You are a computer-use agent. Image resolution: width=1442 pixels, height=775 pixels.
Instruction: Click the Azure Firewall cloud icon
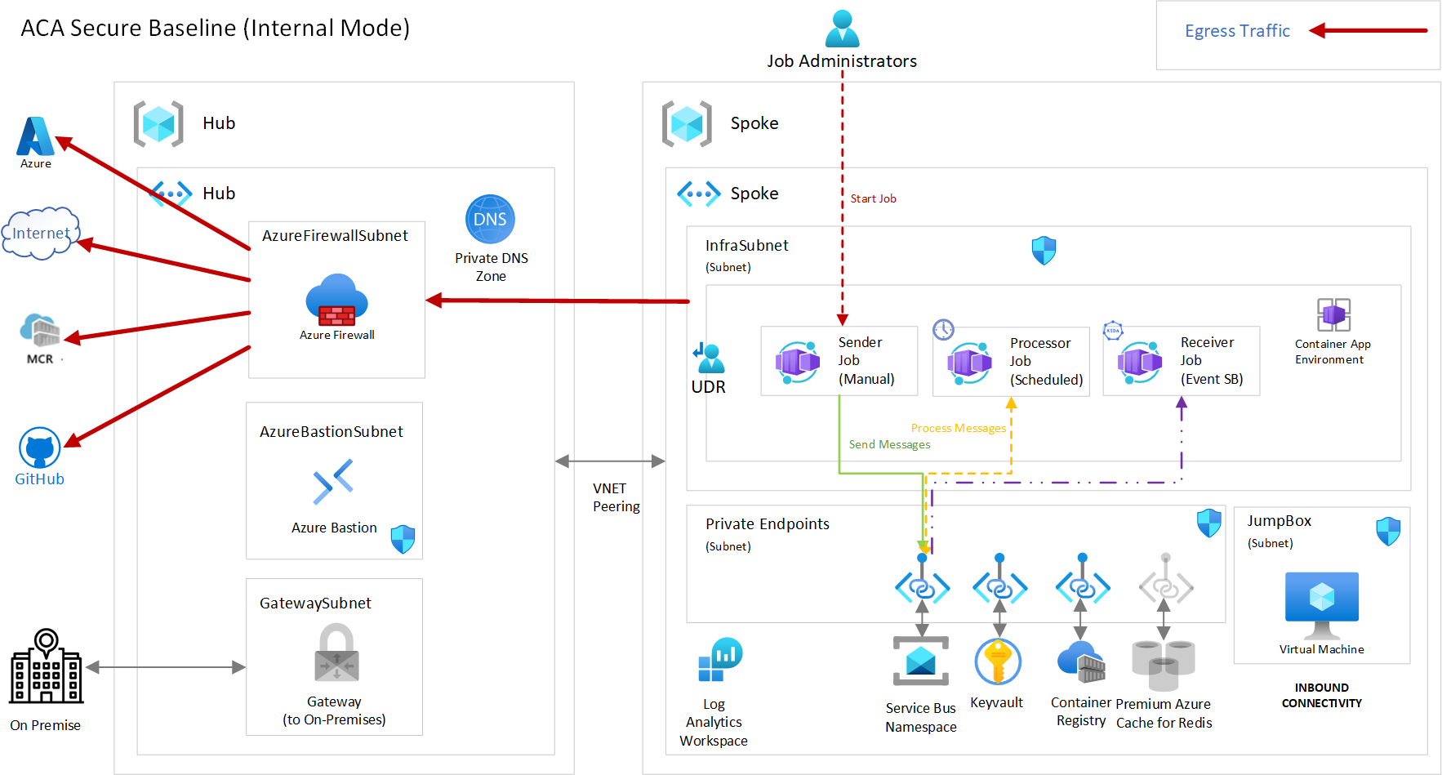click(336, 300)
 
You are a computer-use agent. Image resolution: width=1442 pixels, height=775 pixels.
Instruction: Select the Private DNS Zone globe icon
click(490, 219)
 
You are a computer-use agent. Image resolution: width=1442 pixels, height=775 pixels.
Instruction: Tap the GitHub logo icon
click(39, 448)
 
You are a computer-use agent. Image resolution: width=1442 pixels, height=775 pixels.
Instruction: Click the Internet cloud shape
click(40, 234)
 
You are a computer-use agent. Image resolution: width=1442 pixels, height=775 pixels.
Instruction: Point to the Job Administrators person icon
click(842, 28)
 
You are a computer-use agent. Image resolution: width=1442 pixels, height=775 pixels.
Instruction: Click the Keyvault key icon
click(997, 661)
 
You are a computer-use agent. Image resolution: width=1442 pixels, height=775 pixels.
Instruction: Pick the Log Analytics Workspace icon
click(720, 660)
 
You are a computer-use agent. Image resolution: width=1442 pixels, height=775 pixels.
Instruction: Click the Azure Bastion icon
click(333, 481)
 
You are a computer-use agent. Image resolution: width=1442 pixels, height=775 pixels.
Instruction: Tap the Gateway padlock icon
click(336, 653)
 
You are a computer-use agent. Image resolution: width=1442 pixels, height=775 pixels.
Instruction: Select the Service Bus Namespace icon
click(921, 661)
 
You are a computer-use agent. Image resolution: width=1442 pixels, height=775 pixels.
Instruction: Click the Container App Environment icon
click(1333, 314)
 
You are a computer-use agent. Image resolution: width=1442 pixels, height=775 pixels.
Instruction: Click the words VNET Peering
click(616, 497)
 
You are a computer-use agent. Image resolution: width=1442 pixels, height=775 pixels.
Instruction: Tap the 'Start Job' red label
click(873, 198)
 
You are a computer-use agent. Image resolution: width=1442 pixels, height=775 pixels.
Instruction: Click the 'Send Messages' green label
click(889, 444)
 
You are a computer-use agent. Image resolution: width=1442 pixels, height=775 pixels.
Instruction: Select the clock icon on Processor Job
click(943, 329)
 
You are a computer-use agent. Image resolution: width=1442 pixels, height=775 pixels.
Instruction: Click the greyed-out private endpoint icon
click(1166, 586)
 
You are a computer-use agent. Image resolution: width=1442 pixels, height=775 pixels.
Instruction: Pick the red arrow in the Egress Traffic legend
click(1368, 31)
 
